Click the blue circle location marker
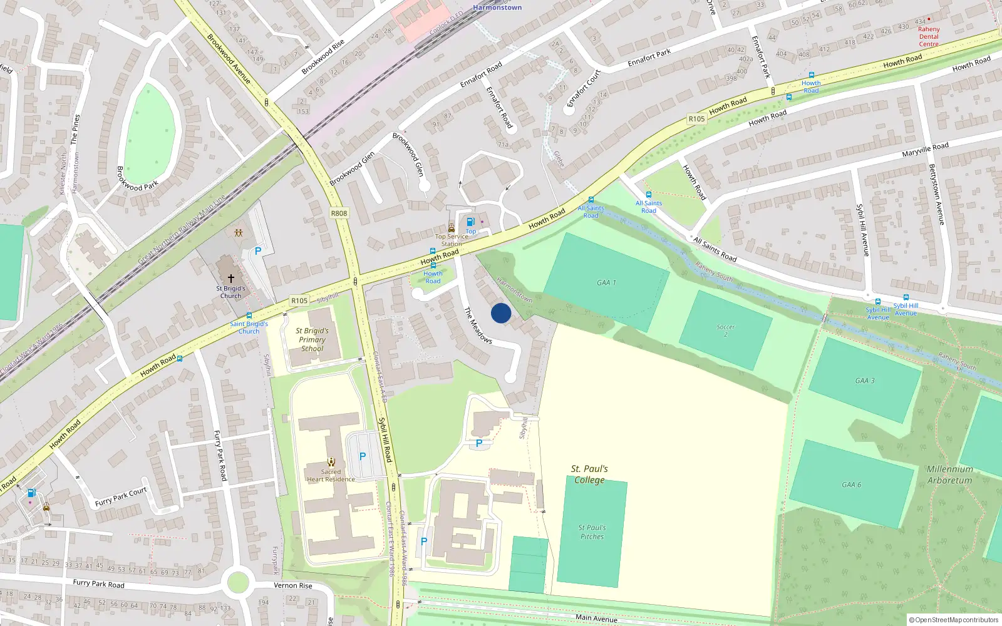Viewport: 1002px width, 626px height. (x=501, y=313)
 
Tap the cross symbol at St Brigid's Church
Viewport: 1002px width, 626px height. (x=231, y=278)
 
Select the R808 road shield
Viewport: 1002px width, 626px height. (x=339, y=213)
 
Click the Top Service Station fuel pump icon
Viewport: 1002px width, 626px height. (x=470, y=222)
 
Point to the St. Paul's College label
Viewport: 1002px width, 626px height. (x=589, y=475)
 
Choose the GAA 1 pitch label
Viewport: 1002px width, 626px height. (x=606, y=283)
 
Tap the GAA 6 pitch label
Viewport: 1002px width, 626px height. (x=851, y=485)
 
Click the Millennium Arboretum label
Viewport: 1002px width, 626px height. (x=949, y=475)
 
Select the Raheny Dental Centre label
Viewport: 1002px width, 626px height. (x=929, y=36)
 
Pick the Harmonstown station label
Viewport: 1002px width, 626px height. (x=497, y=8)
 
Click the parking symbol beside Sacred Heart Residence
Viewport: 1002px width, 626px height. (x=362, y=456)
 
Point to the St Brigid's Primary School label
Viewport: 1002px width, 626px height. (x=312, y=339)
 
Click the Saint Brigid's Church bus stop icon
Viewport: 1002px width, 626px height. (x=249, y=316)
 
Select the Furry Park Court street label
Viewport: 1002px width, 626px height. (x=121, y=497)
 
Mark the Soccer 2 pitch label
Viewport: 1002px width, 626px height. (x=725, y=331)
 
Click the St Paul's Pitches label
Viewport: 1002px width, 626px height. (x=592, y=532)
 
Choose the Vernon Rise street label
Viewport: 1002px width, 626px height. (x=293, y=586)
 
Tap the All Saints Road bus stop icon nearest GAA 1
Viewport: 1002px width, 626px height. (x=591, y=200)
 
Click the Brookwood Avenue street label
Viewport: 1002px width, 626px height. (x=229, y=59)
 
